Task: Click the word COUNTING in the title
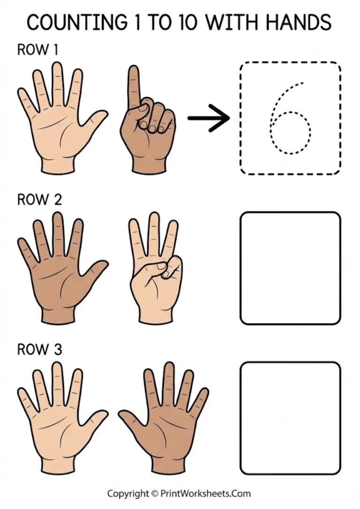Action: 75,22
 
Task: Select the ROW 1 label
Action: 37,50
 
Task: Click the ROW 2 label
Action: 39,200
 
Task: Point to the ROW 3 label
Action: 39,350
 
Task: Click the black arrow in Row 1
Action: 209,118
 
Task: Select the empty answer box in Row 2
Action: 290,268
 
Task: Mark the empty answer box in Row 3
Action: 290,418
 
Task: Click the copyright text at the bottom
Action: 179,494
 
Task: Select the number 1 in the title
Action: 136,22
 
